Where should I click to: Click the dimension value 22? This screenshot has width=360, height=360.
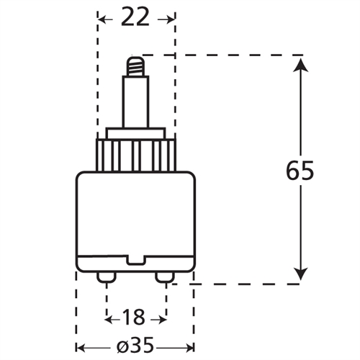[135, 17]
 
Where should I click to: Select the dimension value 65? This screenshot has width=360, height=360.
[301, 172]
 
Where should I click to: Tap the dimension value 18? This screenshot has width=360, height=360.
[135, 316]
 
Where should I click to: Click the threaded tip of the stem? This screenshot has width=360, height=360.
[135, 66]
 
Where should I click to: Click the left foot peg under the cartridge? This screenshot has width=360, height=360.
[107, 276]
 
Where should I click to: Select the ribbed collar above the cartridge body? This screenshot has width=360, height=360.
[135, 154]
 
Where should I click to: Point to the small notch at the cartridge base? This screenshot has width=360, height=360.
[136, 261]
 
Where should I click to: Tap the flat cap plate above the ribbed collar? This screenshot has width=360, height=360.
[135, 134]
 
